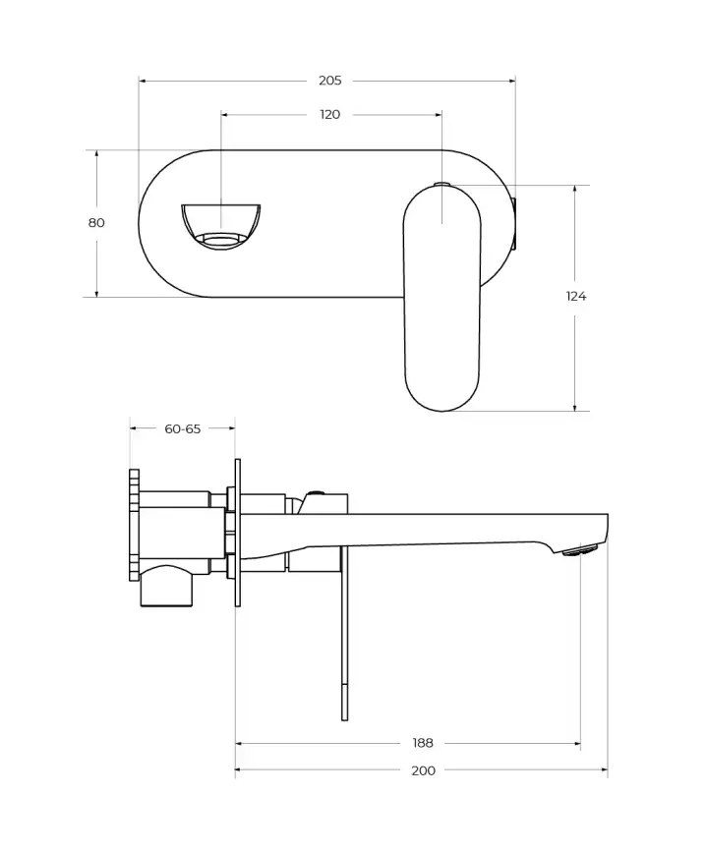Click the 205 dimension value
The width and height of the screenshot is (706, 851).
pyautogui.click(x=329, y=81)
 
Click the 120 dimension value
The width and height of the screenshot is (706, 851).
pyautogui.click(x=330, y=115)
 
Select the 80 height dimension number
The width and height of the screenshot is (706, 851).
pyautogui.click(x=96, y=223)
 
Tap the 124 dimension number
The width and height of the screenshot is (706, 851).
pyautogui.click(x=576, y=296)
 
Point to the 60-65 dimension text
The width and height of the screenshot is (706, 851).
pyautogui.click(x=182, y=428)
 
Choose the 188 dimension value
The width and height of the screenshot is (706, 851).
pyautogui.click(x=423, y=743)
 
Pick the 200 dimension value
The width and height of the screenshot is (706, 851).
pyautogui.click(x=423, y=770)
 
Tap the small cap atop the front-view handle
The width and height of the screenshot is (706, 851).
pyautogui.click(x=441, y=184)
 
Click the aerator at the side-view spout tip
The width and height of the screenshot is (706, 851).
pyautogui.click(x=580, y=551)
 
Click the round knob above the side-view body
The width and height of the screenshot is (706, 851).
pyautogui.click(x=316, y=494)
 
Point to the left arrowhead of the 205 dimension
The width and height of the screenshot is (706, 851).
pyautogui.click(x=143, y=81)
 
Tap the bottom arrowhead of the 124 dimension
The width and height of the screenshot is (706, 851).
pyautogui.click(x=575, y=407)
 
